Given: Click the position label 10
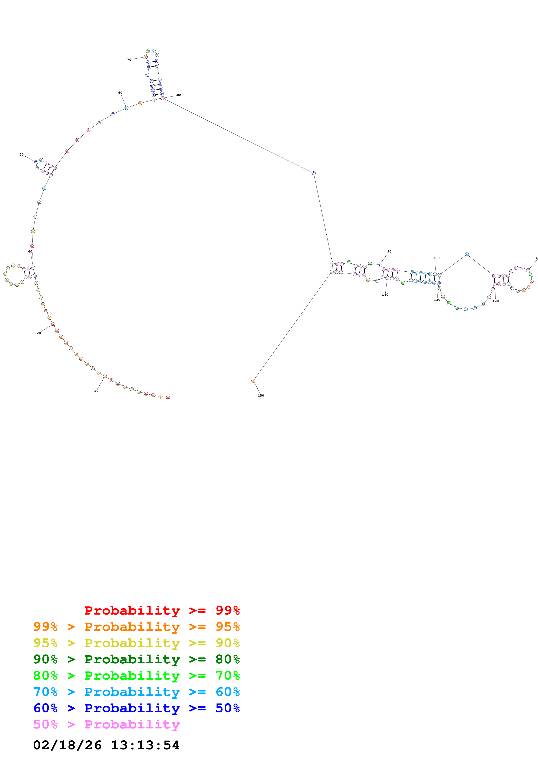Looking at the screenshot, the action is pyautogui.click(x=96, y=391).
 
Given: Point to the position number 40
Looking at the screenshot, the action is pyautogui.click(x=30, y=252).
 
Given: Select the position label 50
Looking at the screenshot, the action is pyautogui.click(x=21, y=154).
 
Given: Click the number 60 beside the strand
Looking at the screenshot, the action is pyautogui.click(x=120, y=93).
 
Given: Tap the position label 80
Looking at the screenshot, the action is pyautogui.click(x=179, y=95).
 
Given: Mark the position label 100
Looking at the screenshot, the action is pyautogui.click(x=436, y=258).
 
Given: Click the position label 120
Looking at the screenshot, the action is pyautogui.click(x=495, y=301).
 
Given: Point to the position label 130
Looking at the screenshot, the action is pyautogui.click(x=437, y=300).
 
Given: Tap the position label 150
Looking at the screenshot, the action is pyautogui.click(x=261, y=395).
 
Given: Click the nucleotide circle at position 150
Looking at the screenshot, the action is pyautogui.click(x=253, y=381).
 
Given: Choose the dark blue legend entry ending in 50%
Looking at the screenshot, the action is pyautogui.click(x=136, y=708).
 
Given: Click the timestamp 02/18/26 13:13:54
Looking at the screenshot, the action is pyautogui.click(x=106, y=745).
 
